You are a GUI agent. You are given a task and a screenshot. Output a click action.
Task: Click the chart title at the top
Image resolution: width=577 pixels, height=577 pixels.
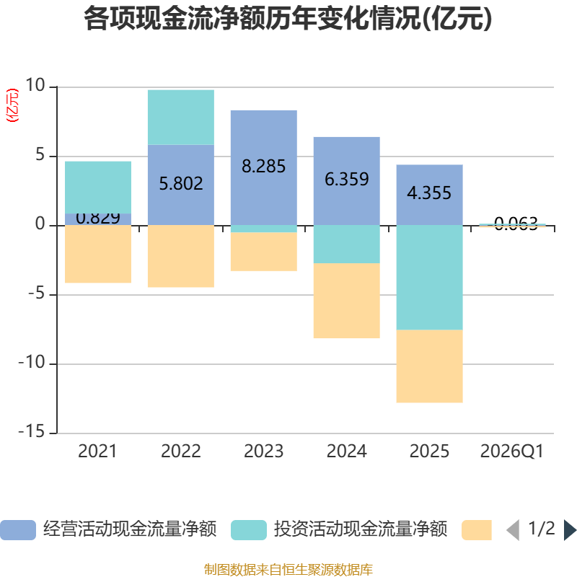coord(288,19)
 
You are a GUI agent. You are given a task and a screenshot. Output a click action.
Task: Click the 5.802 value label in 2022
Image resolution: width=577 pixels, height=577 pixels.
coord(180,183)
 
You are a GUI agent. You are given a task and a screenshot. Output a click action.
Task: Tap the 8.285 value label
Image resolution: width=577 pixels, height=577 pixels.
coord(263,167)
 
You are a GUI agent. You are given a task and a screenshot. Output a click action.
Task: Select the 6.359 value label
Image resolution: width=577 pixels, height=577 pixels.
coord(346,179)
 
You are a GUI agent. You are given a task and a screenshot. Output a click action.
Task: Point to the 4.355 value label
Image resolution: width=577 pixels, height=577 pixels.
coord(429,193)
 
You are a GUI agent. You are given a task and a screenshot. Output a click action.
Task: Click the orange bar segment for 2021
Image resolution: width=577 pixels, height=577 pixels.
coord(98,254)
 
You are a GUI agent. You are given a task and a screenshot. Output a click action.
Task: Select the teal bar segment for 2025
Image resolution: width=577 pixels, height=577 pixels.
coord(429,278)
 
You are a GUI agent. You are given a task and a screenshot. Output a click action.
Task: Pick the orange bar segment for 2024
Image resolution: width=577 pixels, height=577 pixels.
coord(346,301)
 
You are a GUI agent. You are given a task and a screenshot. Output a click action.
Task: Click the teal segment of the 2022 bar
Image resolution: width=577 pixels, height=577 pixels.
coord(180,117)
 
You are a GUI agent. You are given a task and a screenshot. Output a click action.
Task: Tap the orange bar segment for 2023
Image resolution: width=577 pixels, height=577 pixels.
coord(263,252)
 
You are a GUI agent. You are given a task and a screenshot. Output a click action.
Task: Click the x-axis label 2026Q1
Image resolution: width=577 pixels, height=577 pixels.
coord(511,452)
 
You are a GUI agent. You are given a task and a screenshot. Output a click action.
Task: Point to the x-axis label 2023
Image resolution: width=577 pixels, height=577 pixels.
coord(263,452)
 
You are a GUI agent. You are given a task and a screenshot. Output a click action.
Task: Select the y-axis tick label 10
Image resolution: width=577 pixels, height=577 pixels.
coord(35,86)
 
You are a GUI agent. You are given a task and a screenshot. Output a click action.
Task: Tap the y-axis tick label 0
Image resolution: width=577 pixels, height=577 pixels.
coord(40,225)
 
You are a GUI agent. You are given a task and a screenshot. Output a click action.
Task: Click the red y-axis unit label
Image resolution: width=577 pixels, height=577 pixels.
coord(12,106)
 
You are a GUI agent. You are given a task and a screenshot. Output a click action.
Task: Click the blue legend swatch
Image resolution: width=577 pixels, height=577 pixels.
coord(18,530)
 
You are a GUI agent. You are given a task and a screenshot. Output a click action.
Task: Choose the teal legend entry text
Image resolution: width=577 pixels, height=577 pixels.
coord(361,530)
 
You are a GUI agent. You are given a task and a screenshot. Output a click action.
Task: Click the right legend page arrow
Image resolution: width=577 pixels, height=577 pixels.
coord(570,530)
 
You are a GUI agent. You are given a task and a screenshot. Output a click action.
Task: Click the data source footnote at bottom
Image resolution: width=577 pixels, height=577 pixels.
coord(288,570)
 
